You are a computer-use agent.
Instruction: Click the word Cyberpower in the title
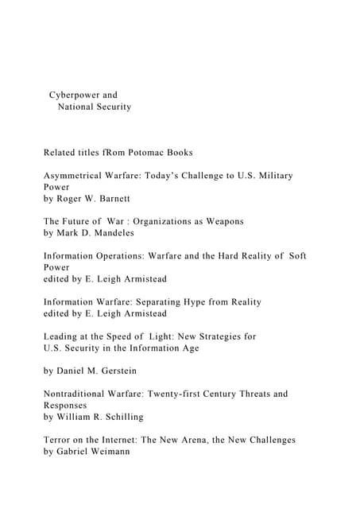click(75, 95)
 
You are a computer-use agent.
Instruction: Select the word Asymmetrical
click(75, 175)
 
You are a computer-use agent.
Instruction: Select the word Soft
click(295, 256)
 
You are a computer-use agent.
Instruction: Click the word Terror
click(59, 440)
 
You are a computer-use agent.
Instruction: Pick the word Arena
click(211, 440)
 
